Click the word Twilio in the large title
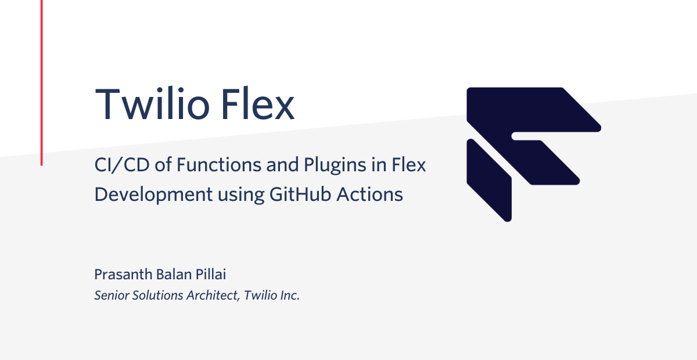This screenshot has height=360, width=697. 152,103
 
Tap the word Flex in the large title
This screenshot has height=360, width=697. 258,103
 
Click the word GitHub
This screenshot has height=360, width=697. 300,194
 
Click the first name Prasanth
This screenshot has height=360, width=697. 123,275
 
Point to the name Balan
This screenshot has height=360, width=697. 174,275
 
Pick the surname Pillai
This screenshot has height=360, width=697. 211,275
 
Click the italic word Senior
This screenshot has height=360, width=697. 112,296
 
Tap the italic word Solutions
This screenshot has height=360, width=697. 158,296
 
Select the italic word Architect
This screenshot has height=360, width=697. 213,296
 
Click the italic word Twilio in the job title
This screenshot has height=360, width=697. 260,296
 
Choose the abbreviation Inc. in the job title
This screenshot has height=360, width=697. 290,296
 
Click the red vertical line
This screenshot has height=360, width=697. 41,82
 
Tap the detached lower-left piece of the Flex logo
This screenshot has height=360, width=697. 489,181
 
